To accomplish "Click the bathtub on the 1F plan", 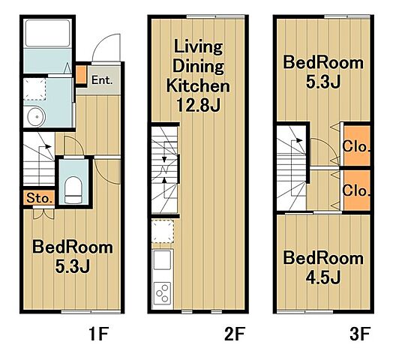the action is pos(47,33).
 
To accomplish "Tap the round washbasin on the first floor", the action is pos(37,116).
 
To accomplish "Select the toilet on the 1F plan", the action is pos(73,190).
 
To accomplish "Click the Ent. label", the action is pos(102,80).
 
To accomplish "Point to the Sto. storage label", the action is pos(40,198).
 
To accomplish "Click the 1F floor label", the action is pos(99,334).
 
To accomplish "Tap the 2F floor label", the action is pos(234,334).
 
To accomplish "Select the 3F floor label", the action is pos(360,334).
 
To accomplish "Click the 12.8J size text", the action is pos(199,105).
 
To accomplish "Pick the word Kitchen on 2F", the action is pos(198,85).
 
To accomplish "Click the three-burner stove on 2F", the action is pos(163,292).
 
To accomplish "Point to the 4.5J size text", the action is pos(323,277).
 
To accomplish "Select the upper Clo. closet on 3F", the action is pos(357,145).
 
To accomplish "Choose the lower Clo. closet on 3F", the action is pos(357,190).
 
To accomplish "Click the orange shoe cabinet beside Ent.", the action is pos(81,75).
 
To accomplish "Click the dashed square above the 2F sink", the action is pos(163,231).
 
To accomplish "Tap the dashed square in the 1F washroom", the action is pos(34,89).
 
